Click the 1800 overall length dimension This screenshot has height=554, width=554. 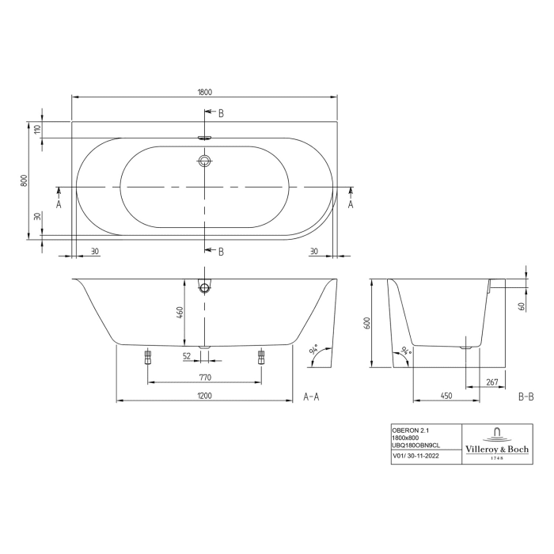[204, 92]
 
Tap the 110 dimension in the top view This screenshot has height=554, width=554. [36, 131]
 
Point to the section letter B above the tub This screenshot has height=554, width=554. [221, 114]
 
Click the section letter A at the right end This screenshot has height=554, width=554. [351, 203]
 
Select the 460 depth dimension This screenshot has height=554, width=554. [180, 313]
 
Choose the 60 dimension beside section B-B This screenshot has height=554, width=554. [523, 305]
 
